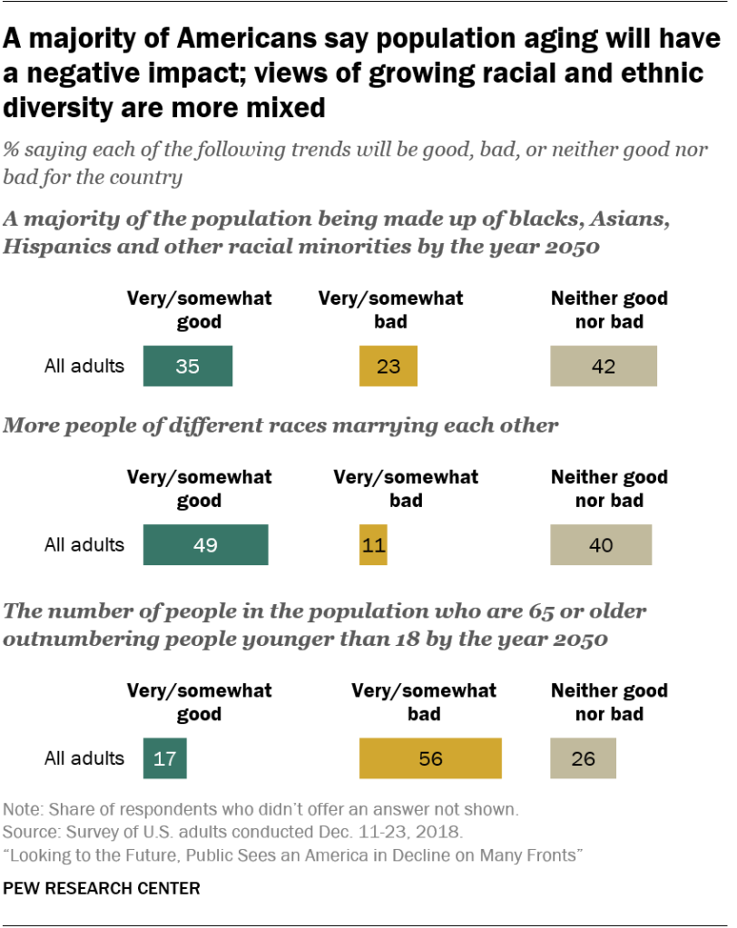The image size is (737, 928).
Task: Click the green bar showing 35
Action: click(188, 366)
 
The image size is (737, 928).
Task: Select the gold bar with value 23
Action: click(388, 366)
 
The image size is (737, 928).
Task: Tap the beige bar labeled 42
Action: click(603, 366)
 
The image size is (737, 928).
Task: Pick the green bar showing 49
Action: click(205, 544)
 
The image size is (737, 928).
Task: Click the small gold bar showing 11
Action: click(373, 544)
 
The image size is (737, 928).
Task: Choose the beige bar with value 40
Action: click(600, 544)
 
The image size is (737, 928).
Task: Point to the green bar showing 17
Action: click(164, 757)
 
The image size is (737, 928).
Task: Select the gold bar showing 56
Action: click(430, 757)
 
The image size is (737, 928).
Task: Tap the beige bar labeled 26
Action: click(583, 757)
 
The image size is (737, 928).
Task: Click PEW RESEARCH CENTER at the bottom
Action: click(102, 888)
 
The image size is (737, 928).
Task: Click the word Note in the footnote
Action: click(21, 809)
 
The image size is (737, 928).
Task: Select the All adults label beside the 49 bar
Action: click(84, 544)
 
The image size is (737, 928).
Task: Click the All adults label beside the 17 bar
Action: click(84, 757)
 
